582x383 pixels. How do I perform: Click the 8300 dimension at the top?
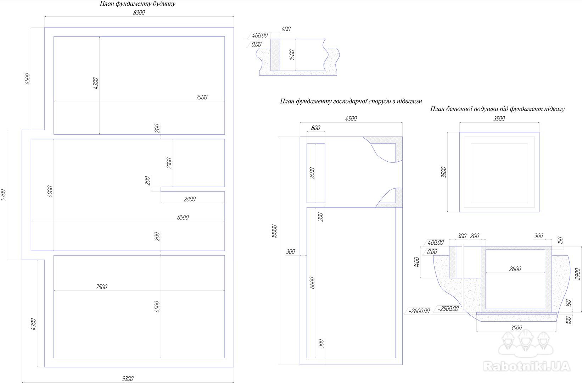click(x=139, y=13)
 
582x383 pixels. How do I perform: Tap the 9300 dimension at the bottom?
click(x=128, y=379)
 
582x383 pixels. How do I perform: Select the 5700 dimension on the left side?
click(x=4, y=195)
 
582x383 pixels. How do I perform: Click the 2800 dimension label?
click(x=190, y=199)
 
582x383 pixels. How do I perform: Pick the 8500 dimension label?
click(x=183, y=217)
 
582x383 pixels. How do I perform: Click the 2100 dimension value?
click(x=169, y=163)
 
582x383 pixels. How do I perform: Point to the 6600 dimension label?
click(x=312, y=283)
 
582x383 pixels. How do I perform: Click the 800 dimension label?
click(x=315, y=128)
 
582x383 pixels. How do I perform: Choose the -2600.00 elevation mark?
click(x=419, y=311)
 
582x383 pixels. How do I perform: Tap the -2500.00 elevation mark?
click(x=448, y=309)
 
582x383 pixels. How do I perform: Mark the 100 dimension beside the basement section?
click(x=569, y=320)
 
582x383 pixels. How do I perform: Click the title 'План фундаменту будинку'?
click(x=138, y=4)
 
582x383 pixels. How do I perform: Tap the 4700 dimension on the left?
click(x=33, y=324)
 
